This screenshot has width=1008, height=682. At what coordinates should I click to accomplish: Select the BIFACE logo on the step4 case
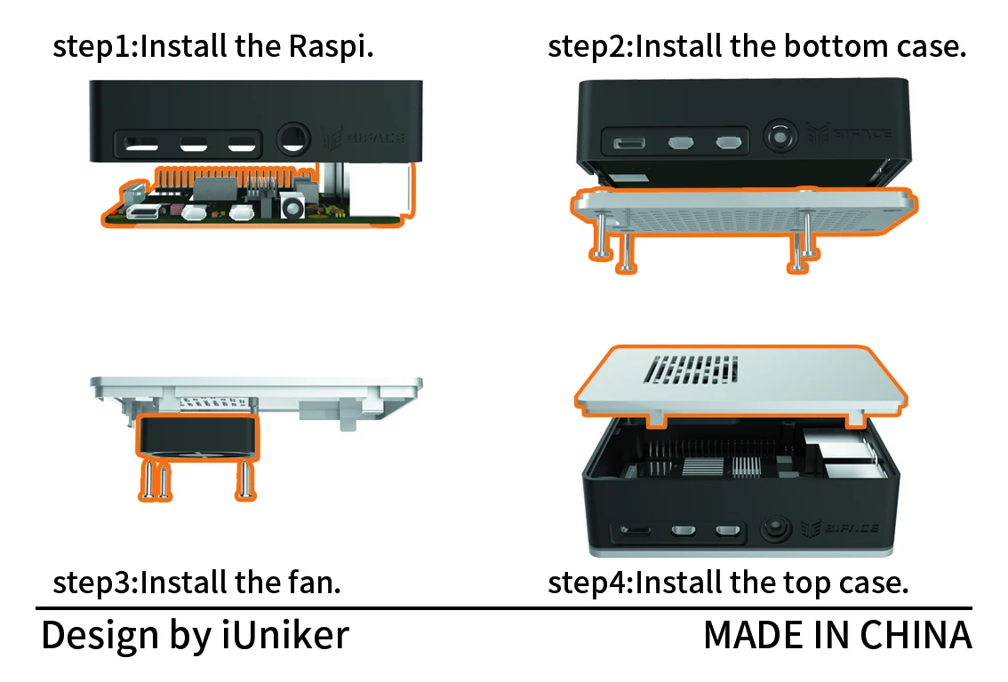[x=840, y=528]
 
